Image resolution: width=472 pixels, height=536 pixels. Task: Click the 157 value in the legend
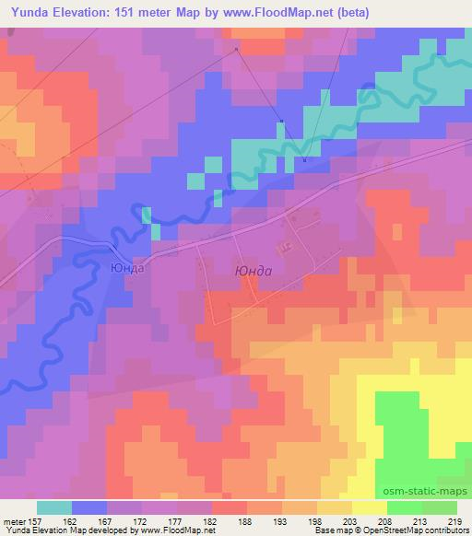pyautogui.click(x=34, y=522)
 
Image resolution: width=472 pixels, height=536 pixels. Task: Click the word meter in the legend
pyautogui.click(x=13, y=522)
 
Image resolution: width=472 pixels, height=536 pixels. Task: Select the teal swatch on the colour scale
pyautogui.click(x=54, y=507)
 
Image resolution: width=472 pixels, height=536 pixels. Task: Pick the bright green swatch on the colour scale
pyautogui.click(x=404, y=507)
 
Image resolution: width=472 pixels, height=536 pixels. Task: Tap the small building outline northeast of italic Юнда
pyautogui.click(x=285, y=246)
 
